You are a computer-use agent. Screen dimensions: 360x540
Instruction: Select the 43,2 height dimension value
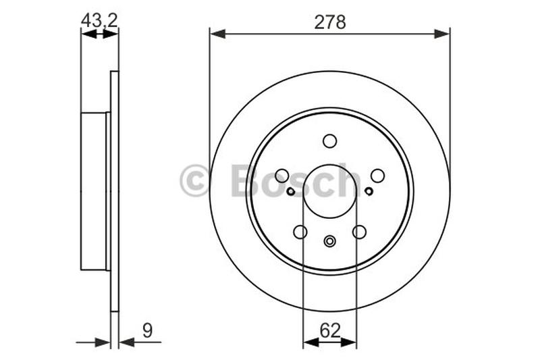[x=99, y=20]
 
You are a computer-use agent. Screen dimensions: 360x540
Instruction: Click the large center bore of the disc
[x=330, y=190]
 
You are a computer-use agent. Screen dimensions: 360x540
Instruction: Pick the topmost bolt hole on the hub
[x=329, y=140]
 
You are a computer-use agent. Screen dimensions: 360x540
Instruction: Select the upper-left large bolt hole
[x=282, y=176]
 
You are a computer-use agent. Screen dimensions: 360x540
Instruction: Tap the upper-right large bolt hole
[x=377, y=176]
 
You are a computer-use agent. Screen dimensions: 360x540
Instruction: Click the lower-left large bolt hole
[x=300, y=232]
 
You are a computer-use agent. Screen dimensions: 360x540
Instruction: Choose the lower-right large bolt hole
[x=360, y=232]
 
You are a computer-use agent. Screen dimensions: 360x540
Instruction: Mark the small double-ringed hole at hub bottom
[x=330, y=241]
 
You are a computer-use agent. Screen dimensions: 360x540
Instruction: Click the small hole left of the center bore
[x=290, y=191]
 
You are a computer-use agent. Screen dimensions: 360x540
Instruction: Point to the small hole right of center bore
[x=369, y=191]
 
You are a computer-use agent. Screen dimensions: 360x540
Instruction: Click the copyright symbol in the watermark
[x=195, y=182]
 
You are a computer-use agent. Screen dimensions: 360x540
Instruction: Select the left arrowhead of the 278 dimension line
[x=215, y=32]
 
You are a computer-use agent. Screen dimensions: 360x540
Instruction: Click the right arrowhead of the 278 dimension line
[x=445, y=32]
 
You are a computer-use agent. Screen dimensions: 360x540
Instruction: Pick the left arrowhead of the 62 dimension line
[x=308, y=343]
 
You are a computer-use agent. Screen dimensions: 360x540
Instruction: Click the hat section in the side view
[x=94, y=191]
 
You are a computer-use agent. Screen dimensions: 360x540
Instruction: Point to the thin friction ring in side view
[x=114, y=191]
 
